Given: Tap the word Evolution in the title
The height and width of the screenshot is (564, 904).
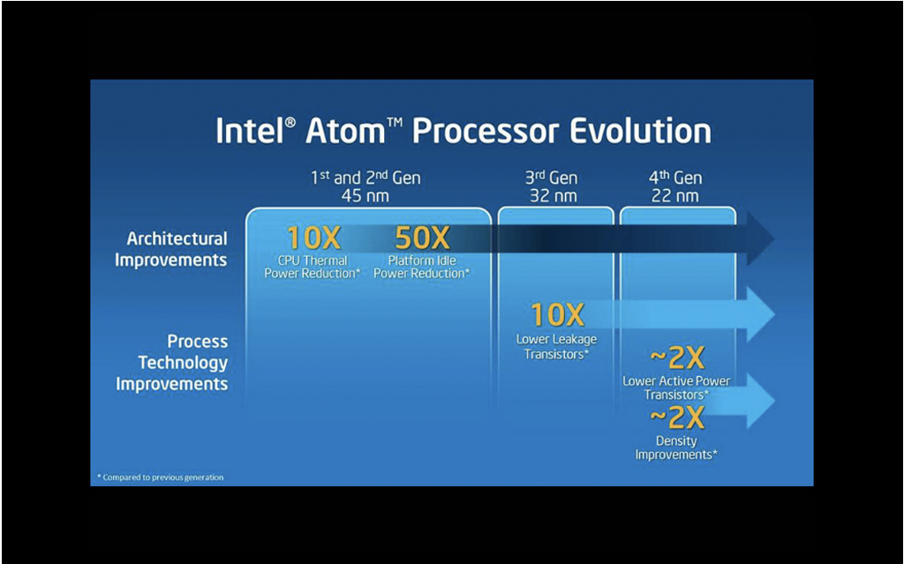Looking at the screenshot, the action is pyautogui.click(x=640, y=131).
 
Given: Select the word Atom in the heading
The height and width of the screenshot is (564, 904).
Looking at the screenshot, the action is pyautogui.click(x=345, y=131).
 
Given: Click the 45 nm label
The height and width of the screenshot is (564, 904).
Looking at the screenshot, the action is pyautogui.click(x=365, y=196).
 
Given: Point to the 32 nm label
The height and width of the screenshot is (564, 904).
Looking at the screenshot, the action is pyautogui.click(x=554, y=196).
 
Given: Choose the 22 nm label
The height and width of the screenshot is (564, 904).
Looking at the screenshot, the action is pyautogui.click(x=675, y=196).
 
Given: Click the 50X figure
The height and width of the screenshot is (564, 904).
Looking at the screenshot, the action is pyautogui.click(x=422, y=237).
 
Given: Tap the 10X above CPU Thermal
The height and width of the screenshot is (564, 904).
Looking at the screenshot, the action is pyautogui.click(x=313, y=237).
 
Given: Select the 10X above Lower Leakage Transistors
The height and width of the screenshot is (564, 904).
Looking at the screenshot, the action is pyautogui.click(x=558, y=315).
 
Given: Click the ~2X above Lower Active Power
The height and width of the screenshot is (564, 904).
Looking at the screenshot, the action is pyautogui.click(x=677, y=358).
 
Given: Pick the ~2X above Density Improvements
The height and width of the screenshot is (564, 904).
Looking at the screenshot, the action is pyautogui.click(x=677, y=417).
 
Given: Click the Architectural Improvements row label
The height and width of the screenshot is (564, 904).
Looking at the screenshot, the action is pyautogui.click(x=171, y=249).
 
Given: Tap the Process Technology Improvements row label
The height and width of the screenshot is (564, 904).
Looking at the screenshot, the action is pyautogui.click(x=172, y=363).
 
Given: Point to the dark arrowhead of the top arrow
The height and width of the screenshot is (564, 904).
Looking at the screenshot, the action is pyautogui.click(x=760, y=238).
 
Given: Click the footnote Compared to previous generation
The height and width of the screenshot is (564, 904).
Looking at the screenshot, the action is pyautogui.click(x=161, y=478).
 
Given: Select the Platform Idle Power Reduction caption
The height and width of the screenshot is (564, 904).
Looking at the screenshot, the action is pyautogui.click(x=421, y=267).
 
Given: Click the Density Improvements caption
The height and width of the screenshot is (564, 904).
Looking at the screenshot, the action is pyautogui.click(x=676, y=447).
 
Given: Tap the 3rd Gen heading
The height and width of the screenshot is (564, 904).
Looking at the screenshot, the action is pyautogui.click(x=551, y=177).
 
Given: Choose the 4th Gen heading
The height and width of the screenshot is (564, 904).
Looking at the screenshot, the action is pyautogui.click(x=675, y=177).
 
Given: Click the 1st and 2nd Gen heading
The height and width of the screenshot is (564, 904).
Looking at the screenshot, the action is pyautogui.click(x=365, y=177).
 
